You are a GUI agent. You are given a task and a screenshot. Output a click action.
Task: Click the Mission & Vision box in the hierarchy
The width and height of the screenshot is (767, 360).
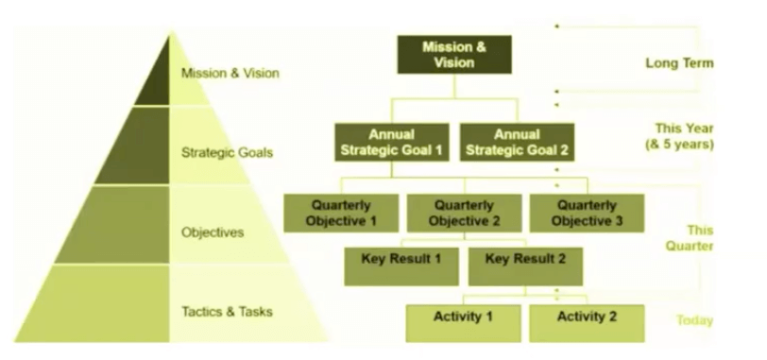click(x=453, y=54)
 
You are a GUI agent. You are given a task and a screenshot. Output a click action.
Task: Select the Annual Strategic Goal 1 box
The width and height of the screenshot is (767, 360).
click(x=392, y=141)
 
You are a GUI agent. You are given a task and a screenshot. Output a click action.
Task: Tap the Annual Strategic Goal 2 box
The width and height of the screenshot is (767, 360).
click(x=518, y=141)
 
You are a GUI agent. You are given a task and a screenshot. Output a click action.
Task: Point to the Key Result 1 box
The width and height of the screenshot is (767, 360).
click(x=401, y=265)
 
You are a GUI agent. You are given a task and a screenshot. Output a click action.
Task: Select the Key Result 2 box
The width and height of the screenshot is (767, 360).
click(x=525, y=265)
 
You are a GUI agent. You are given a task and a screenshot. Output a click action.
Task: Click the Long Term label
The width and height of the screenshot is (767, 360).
click(x=678, y=63)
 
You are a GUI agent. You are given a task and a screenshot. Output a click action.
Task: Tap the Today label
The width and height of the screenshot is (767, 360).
click(x=693, y=320)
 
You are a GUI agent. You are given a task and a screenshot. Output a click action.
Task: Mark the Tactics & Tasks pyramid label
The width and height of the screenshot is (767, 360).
click(x=223, y=309)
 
